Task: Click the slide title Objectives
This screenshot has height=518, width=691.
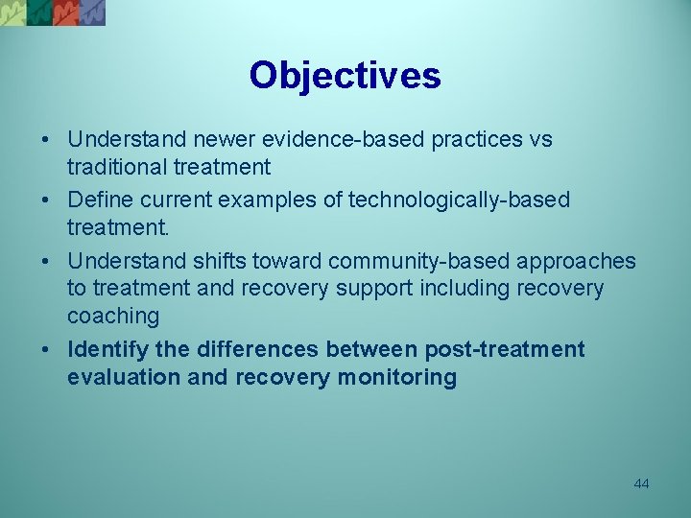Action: (345, 76)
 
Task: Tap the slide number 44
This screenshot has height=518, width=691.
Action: (641, 483)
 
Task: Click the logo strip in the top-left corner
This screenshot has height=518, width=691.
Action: (53, 12)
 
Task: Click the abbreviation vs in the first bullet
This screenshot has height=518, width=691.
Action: (540, 140)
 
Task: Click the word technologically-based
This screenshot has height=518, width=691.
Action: (459, 200)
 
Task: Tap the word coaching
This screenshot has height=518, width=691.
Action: (112, 316)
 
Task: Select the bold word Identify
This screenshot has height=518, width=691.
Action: (106, 349)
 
